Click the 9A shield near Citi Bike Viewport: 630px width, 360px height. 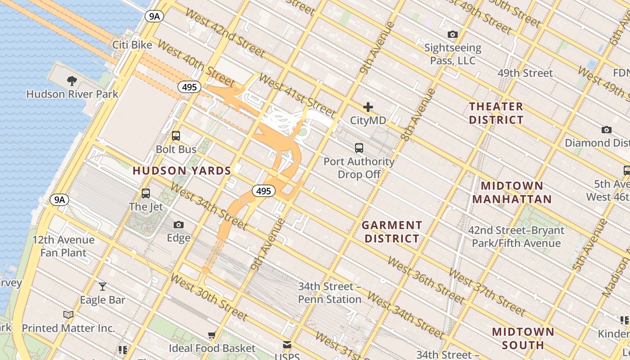tap(154, 17)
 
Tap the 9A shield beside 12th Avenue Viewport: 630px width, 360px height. tap(59, 199)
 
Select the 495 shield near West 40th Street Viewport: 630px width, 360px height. tap(189, 87)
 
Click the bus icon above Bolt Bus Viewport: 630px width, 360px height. tap(176, 135)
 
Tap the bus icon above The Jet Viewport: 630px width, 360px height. tap(145, 193)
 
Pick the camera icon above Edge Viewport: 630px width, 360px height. tap(179, 225)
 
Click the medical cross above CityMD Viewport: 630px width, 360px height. tap(368, 107)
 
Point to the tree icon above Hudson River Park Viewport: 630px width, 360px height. tap(72, 81)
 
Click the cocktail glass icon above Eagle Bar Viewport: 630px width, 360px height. tap(103, 286)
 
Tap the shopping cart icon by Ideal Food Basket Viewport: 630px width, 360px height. tap(211, 335)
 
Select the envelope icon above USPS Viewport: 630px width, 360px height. tap(287, 345)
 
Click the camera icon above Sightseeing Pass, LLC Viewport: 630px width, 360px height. tap(452, 34)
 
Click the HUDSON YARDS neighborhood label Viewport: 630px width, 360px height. tap(182, 171)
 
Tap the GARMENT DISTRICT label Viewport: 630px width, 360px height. tap(392, 231)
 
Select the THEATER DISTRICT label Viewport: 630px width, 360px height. tap(496, 113)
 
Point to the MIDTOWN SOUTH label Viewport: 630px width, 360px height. tap(523, 338)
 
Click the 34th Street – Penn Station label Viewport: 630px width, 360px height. tap(330, 292)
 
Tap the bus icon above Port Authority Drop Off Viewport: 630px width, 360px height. tap(359, 148)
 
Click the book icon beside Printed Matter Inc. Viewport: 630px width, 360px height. tap(68, 315)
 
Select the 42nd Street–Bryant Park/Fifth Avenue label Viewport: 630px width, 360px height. tap(516, 237)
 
